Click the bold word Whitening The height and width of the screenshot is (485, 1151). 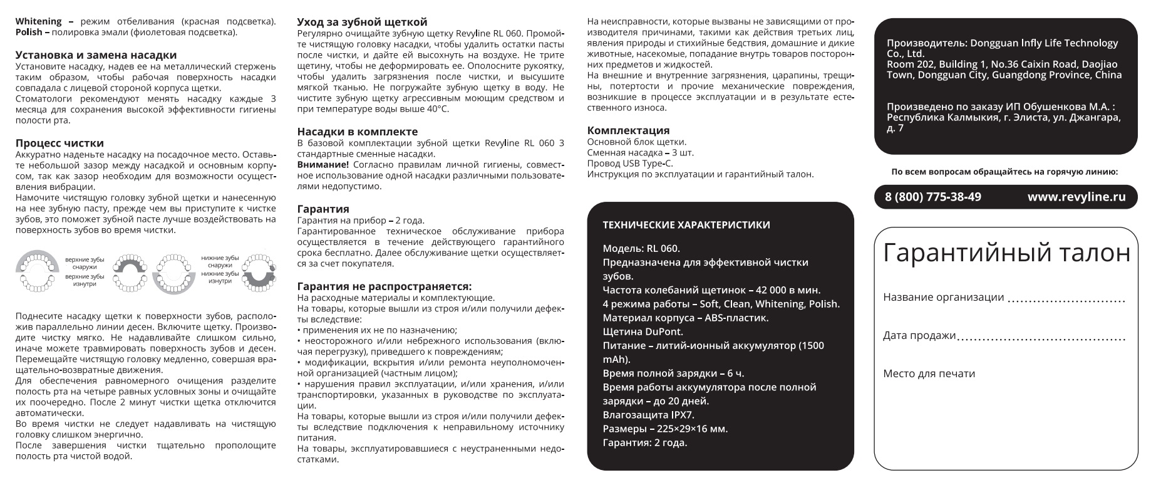pos(38,22)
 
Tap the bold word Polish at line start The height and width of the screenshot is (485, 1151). pos(28,32)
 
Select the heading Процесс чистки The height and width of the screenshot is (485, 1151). pos(59,143)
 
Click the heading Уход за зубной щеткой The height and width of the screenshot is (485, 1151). pos(362,23)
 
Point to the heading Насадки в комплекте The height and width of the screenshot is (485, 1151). pos(357,132)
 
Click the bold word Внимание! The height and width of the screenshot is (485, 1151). pos(323,165)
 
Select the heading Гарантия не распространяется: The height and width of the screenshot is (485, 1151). pos(384,286)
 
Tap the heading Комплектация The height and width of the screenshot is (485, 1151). pos(628,130)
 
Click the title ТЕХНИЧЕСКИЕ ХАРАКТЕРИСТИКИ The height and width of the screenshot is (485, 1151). pos(686,225)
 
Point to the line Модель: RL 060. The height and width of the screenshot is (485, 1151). pos(641,249)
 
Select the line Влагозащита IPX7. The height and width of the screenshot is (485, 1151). pos(648,415)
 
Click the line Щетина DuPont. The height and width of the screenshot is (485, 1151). pos(643,331)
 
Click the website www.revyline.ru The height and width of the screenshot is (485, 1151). pos(1076,197)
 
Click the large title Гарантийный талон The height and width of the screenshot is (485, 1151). pos(1006,253)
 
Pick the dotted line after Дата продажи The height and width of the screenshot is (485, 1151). pos(1041,338)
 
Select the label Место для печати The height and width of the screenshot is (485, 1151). pos(929,374)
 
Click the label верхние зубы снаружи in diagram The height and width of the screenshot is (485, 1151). pos(85,263)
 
